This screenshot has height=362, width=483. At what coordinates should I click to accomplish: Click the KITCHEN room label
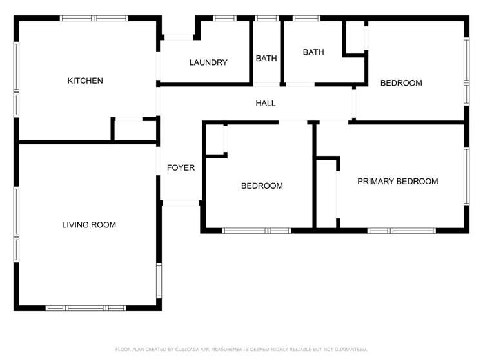(x=85, y=81)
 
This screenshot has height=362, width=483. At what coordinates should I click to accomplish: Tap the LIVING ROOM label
(x=89, y=225)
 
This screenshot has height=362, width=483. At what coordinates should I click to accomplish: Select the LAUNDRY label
(x=208, y=62)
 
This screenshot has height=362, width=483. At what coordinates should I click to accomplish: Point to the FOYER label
(x=181, y=168)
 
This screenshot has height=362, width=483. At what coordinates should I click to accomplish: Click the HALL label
(x=266, y=103)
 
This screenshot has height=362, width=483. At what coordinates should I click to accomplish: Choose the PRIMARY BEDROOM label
(x=397, y=182)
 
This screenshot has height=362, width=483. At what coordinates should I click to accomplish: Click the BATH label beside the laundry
(x=266, y=59)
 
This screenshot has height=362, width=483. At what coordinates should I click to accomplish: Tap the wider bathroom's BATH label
(x=313, y=52)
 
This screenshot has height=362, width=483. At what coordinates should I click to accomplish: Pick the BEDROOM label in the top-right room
(x=401, y=83)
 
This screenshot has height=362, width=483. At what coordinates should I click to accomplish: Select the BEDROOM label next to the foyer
(x=262, y=186)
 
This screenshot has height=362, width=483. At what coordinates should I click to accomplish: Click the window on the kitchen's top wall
(x=94, y=18)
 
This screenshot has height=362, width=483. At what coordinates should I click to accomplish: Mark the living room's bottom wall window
(x=86, y=308)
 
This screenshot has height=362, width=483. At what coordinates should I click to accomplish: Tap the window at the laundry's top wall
(x=224, y=18)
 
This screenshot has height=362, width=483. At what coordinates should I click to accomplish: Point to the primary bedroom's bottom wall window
(x=401, y=230)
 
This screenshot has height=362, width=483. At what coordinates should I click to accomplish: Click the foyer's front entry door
(x=181, y=203)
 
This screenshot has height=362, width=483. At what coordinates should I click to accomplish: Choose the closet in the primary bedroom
(x=327, y=192)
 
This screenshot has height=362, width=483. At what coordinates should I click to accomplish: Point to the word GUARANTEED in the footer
(x=350, y=350)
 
